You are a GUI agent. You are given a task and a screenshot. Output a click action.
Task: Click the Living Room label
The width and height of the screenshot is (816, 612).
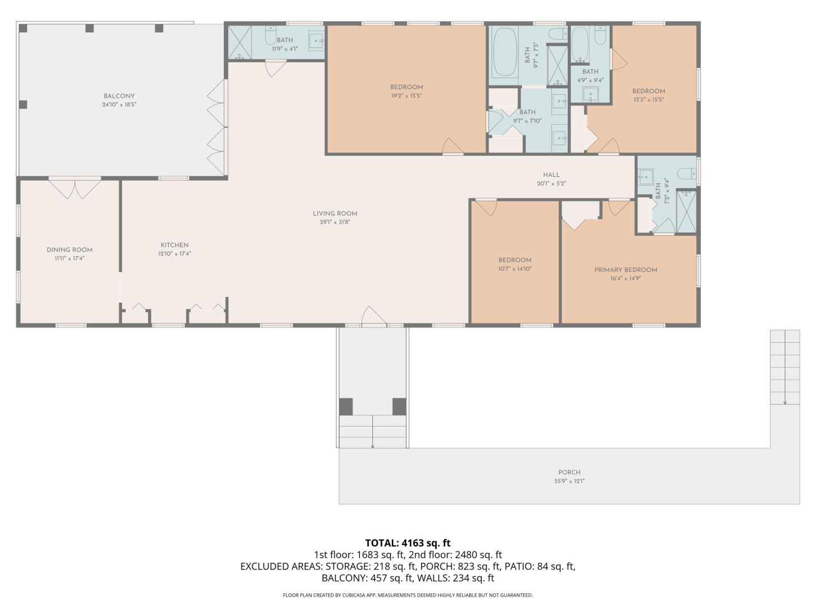[334, 214]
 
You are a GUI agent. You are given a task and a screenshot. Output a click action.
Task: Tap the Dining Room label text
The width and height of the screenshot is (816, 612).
[70, 250]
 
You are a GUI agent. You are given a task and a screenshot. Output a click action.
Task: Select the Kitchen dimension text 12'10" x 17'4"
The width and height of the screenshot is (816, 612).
[175, 254]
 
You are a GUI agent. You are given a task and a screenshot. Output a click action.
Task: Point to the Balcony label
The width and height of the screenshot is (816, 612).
[119, 96]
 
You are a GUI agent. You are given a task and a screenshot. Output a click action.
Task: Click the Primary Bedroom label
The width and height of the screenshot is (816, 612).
[626, 270]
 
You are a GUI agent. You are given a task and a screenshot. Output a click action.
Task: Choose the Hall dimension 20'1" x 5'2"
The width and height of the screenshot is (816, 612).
[551, 184]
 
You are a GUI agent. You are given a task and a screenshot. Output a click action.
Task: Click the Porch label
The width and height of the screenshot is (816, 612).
[569, 472]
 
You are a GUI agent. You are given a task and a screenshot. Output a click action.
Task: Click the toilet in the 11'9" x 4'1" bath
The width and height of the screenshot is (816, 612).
[271, 35]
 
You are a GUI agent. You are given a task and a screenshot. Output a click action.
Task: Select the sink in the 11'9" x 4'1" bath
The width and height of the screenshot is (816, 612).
[316, 41]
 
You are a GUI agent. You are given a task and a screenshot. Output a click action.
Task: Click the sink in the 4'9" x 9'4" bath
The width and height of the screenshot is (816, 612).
[590, 95]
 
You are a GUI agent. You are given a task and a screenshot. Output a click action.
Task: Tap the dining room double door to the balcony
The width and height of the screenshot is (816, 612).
[75, 189]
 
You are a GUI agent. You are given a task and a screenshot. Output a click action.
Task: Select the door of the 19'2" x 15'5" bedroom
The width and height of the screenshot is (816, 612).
[452, 146]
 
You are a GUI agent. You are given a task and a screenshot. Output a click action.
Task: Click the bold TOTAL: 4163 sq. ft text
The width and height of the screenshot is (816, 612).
[408, 543]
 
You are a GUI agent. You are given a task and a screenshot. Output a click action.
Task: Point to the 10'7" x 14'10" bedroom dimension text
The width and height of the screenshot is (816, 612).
[515, 269]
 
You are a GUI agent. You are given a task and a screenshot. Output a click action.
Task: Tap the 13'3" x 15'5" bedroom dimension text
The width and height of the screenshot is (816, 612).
[649, 100]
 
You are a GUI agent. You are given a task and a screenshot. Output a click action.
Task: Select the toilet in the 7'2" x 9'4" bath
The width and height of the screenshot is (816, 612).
[687, 173]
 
